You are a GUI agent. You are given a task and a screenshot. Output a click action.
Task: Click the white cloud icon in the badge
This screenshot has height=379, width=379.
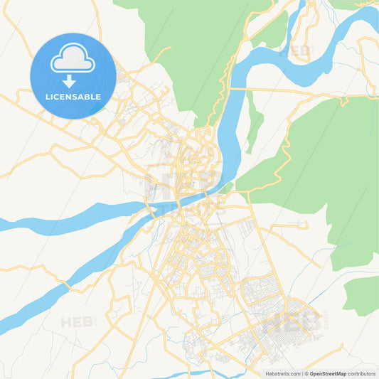pos(73,60)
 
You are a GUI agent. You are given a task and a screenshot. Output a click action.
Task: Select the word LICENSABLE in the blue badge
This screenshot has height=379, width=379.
pos(73,96)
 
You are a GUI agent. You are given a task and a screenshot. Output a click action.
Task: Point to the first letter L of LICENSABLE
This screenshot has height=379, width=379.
pos(47,96)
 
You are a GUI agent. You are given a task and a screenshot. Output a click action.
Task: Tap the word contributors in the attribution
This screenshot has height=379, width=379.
pos(362,373)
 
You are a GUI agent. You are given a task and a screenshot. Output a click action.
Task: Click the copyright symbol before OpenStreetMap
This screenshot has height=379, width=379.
pos(306,373)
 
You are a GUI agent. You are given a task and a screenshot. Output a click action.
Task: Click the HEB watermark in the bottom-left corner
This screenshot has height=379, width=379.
pos(77,322)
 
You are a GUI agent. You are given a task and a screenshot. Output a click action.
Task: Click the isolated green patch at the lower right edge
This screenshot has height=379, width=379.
pos(363,295)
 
